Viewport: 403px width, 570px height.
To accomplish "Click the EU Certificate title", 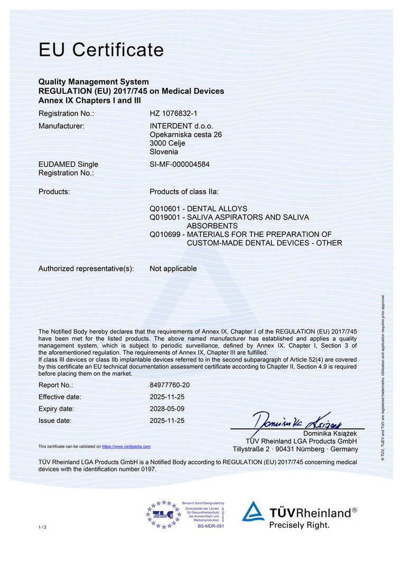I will (101, 50).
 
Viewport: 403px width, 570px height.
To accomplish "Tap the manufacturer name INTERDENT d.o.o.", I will (180, 126).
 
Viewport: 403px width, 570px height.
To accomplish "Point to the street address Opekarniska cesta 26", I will (185, 135).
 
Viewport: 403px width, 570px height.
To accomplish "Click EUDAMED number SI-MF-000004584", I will (180, 164).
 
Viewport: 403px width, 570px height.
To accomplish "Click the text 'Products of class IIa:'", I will (184, 192).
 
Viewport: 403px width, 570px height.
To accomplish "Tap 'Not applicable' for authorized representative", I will (173, 269).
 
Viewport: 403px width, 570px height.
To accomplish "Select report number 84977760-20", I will (170, 385).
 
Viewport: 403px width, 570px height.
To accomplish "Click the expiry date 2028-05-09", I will (167, 409).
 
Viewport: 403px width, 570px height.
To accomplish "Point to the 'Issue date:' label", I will (54, 421).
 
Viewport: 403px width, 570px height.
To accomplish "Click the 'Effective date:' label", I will (60, 397).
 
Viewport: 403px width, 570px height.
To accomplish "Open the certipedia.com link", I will (126, 446).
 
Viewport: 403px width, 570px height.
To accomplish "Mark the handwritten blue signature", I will (298, 421).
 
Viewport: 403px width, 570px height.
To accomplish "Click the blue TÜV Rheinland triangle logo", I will (254, 512).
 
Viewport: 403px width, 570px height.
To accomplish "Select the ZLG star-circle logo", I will (163, 514).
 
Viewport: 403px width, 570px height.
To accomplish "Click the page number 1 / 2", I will (42, 528).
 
